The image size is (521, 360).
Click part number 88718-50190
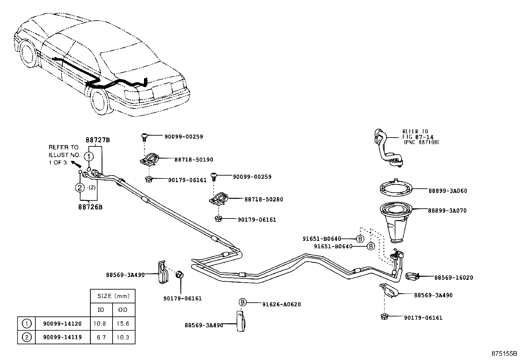[x=193, y=160]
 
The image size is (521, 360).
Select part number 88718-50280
[x=263, y=199]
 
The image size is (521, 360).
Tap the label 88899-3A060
[x=447, y=191]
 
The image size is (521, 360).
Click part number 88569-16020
[x=454, y=278]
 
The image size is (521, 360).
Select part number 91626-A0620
[x=281, y=304]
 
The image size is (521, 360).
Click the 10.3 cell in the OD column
[x=123, y=337]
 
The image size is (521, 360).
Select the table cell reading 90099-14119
[x=62, y=337]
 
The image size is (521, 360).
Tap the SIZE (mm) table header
[x=113, y=296]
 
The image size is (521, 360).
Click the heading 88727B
[x=98, y=140]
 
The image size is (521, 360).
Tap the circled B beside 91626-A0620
[x=242, y=302]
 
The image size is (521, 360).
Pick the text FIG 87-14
[x=416, y=137]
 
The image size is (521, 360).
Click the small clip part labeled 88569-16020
[x=412, y=277]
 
